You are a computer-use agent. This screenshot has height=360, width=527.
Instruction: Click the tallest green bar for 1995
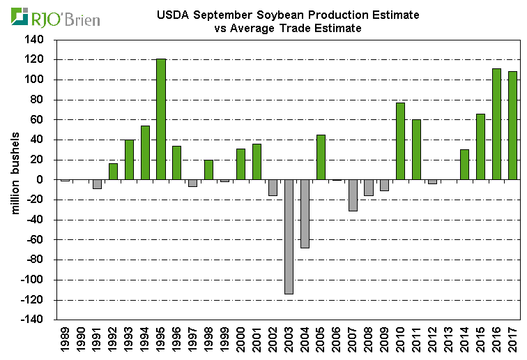click(x=160, y=119)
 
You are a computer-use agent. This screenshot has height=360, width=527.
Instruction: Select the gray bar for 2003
click(x=288, y=237)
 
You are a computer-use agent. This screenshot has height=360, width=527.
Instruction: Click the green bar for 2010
click(x=400, y=141)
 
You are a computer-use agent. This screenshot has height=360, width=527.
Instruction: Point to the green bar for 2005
click(x=321, y=157)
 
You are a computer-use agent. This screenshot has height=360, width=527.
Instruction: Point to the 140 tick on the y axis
click(x=33, y=39)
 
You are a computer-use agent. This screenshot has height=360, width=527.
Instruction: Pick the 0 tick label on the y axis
click(x=39, y=179)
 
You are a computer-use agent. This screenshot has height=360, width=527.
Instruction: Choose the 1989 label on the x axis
click(x=65, y=340)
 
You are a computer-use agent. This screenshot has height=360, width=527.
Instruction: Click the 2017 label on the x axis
click(x=512, y=340)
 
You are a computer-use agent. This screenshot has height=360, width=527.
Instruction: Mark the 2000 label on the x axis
click(x=240, y=340)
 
